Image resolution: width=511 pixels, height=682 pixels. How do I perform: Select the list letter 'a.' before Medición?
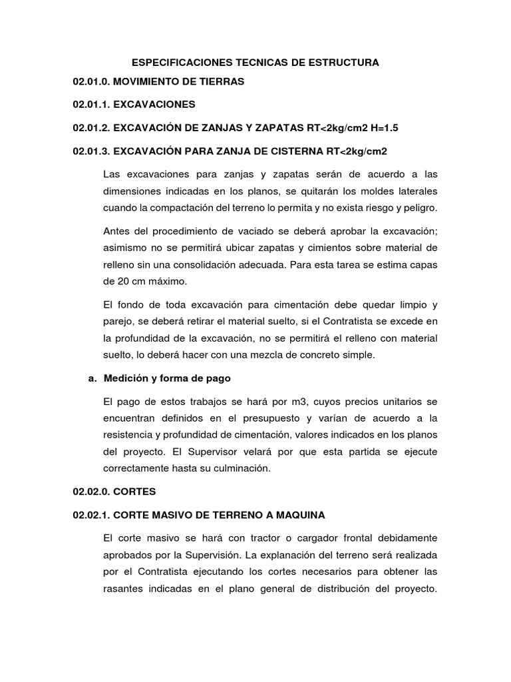92,378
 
